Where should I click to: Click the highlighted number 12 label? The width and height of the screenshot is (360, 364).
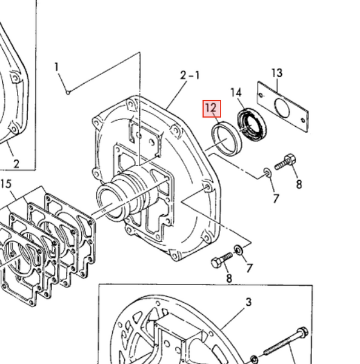click(x=212, y=109)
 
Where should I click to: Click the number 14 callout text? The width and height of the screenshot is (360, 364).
click(x=236, y=92)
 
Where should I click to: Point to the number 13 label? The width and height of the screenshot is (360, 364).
click(x=276, y=73)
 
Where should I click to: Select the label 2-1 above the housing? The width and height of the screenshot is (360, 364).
click(x=190, y=75)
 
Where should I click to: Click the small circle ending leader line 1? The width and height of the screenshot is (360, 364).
click(x=68, y=92)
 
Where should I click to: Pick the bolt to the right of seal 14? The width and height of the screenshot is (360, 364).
click(x=285, y=163)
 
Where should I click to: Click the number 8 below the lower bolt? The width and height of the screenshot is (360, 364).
click(x=229, y=278)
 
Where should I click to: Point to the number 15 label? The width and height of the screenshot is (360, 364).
click(x=6, y=184)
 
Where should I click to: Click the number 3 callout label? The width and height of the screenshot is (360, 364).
click(x=248, y=302)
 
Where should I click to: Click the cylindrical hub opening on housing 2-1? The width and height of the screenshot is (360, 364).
click(x=110, y=200)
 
